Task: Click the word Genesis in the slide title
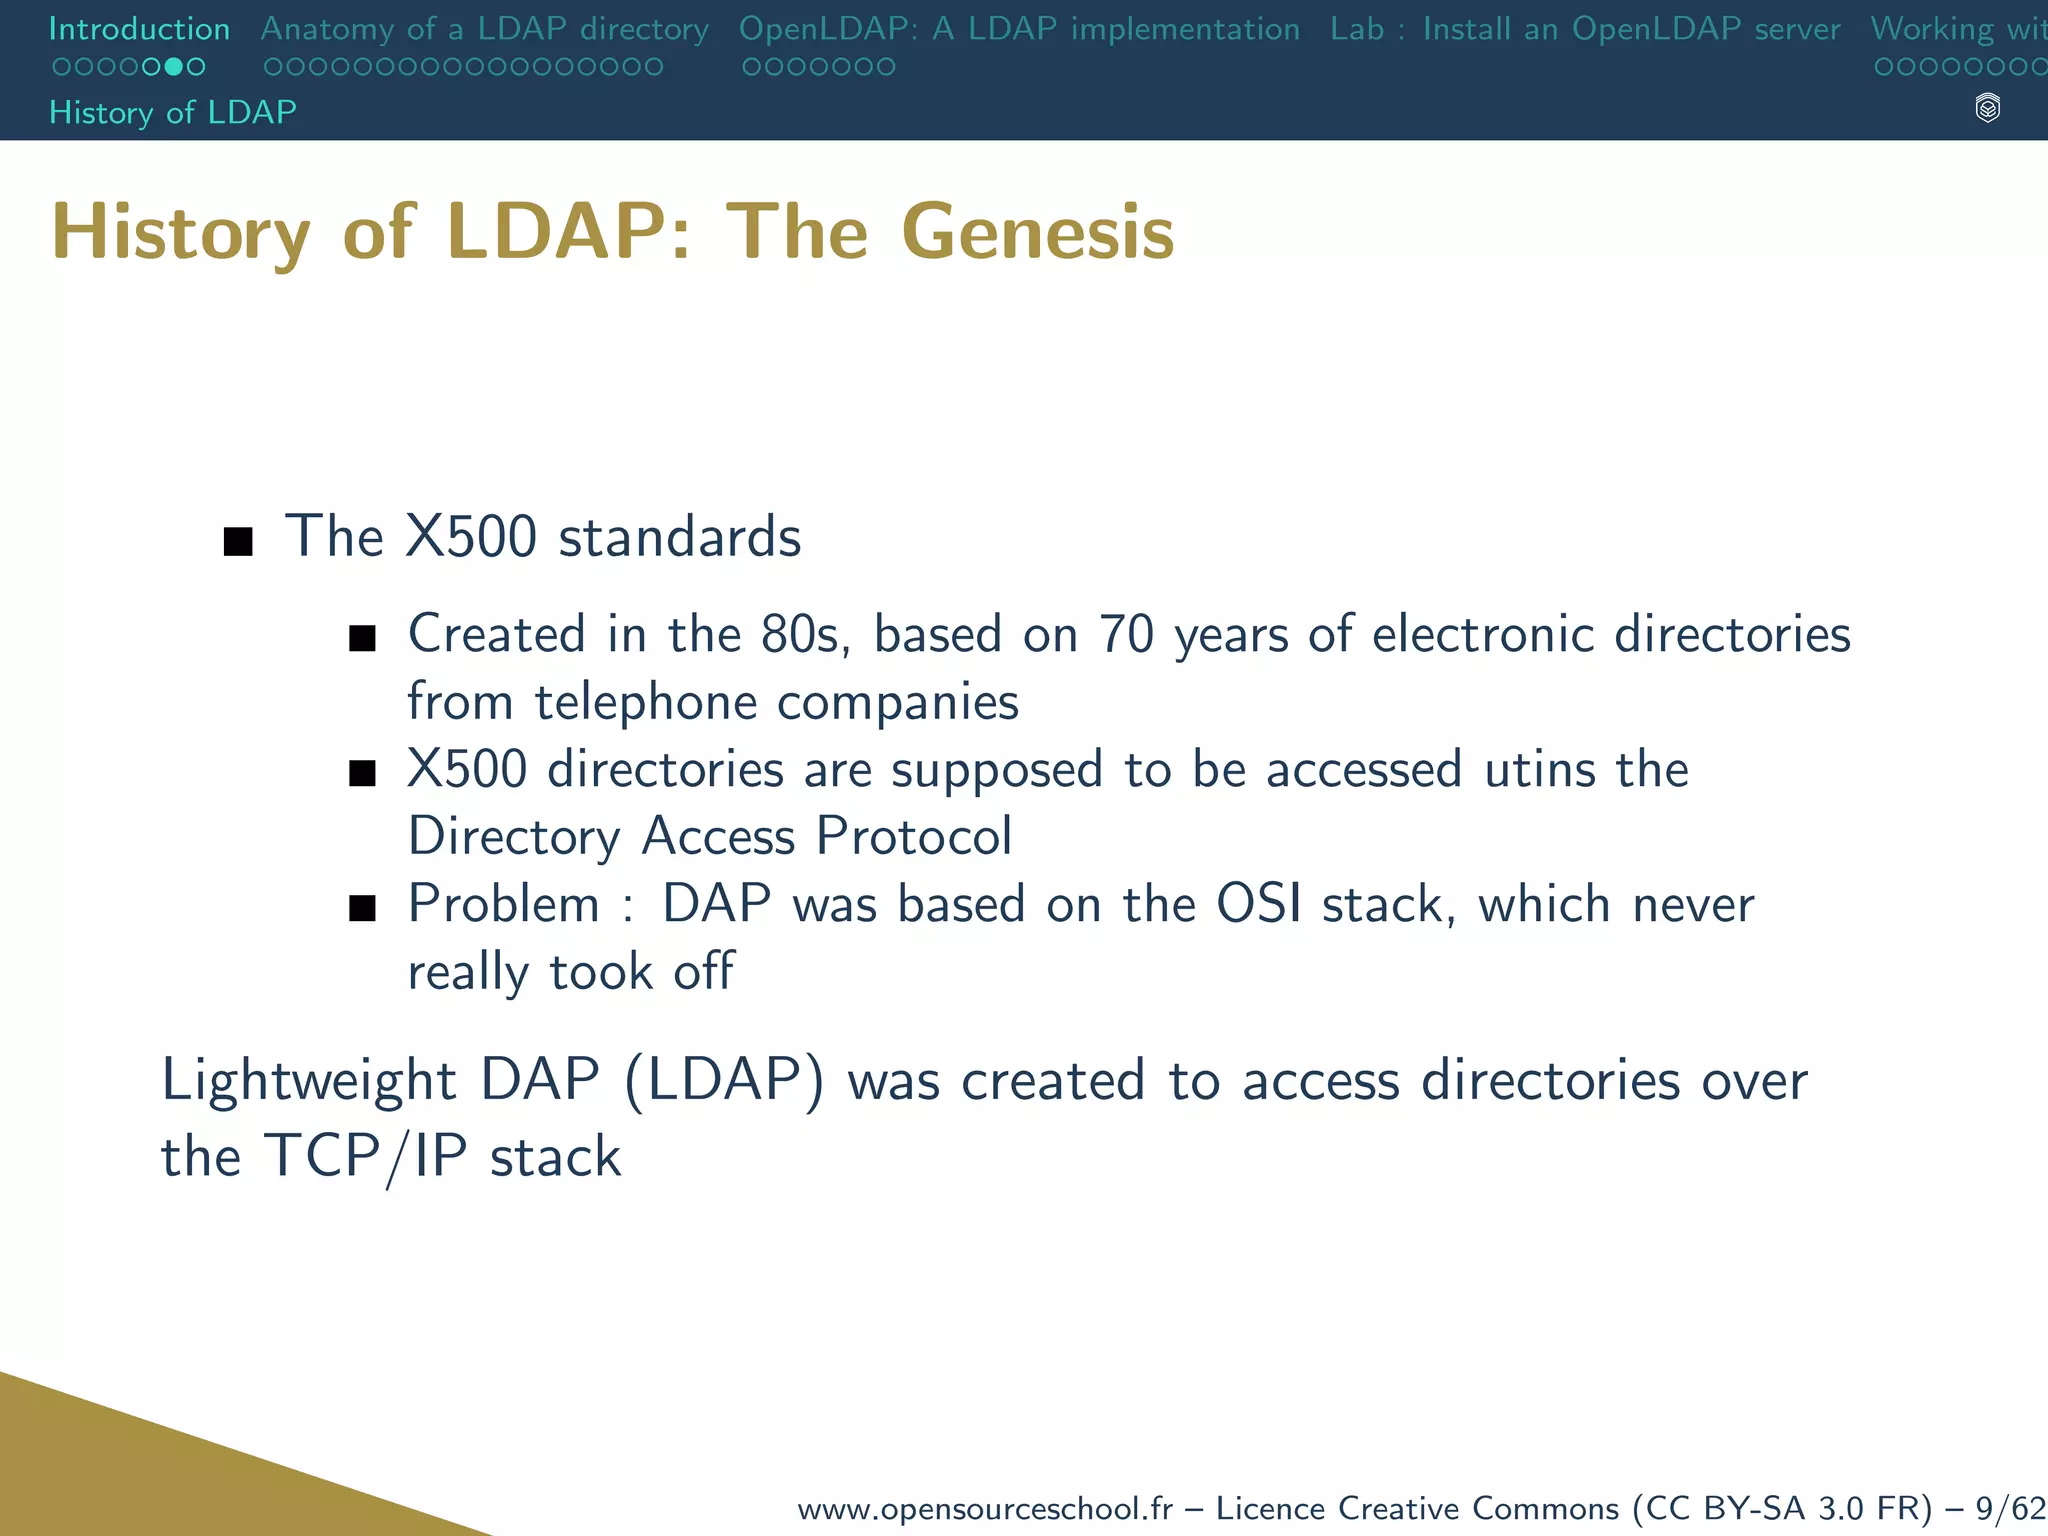point(1037,232)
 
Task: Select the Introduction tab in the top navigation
point(139,29)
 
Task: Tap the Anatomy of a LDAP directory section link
point(484,29)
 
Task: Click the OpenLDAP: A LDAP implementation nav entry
point(1018,29)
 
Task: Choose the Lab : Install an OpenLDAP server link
point(1584,29)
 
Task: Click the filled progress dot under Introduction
point(173,67)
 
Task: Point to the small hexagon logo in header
point(1987,108)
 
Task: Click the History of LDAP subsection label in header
point(172,112)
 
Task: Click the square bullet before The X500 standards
point(238,542)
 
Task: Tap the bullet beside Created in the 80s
point(362,639)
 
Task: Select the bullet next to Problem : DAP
point(362,908)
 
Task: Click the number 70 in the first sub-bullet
point(1126,635)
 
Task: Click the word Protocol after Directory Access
point(913,837)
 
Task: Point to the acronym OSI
point(1258,904)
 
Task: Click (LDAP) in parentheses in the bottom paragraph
point(725,1081)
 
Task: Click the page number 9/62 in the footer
point(2010,1508)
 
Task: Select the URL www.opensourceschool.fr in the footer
point(984,1508)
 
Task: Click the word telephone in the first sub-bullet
point(645,702)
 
